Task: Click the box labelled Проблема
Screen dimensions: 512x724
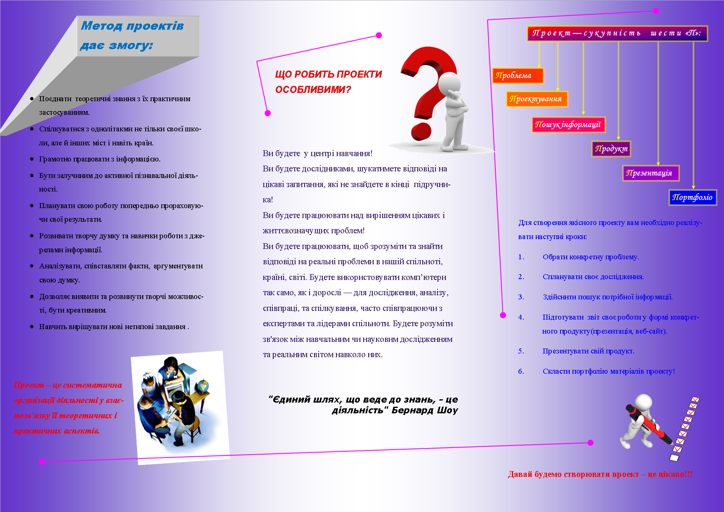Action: pos(518,76)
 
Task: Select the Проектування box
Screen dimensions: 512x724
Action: pos(537,99)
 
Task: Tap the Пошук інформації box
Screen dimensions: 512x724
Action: pos(568,125)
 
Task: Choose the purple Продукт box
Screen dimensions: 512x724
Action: pos(611,149)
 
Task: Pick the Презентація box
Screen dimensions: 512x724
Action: pos(650,173)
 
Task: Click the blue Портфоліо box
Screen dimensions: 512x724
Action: pos(693,197)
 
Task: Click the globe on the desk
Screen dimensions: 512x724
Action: pos(203,386)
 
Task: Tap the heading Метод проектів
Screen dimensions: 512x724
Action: pos(132,26)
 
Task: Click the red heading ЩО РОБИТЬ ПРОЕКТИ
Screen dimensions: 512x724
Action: pos(328,74)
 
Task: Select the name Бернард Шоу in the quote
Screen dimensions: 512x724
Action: pos(425,410)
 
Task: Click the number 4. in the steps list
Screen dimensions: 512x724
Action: pos(521,317)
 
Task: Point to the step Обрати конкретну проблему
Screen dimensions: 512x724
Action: pos(590,257)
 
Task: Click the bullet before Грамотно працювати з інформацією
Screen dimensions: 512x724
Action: pos(32,159)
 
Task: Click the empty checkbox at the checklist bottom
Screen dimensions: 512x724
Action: pos(674,458)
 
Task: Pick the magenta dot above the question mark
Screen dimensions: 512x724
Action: pos(379,35)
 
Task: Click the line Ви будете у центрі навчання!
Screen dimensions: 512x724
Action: pos(317,154)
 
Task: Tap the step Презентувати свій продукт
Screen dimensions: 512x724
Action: pos(588,351)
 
